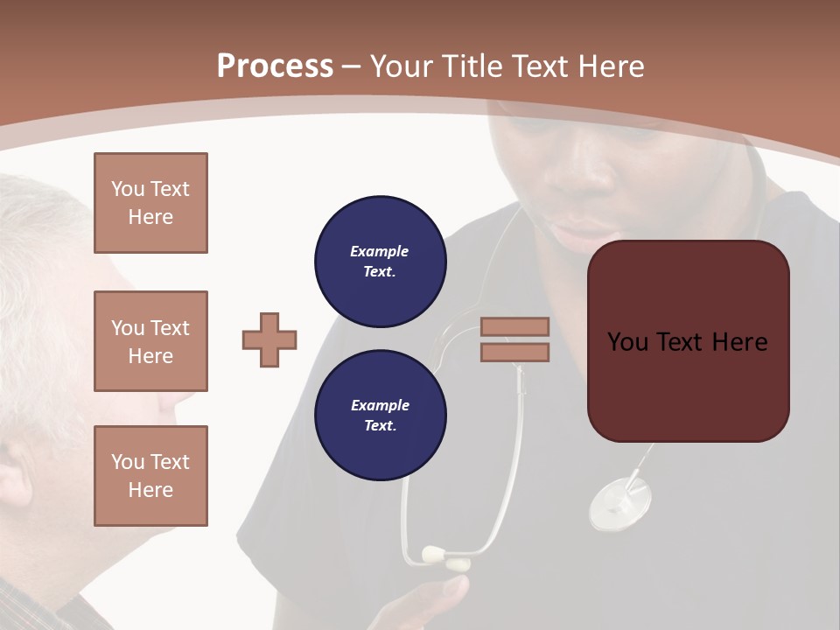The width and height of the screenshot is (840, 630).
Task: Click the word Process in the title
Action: coord(275,66)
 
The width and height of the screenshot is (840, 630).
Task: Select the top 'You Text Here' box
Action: coord(150,203)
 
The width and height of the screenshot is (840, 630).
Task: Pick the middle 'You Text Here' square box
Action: coord(150,341)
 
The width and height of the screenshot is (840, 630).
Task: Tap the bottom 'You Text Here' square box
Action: coord(150,476)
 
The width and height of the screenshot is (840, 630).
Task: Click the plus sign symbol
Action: coord(269,339)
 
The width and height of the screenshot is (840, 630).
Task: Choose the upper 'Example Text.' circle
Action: coord(380,261)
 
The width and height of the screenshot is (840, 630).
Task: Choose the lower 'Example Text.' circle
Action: coord(380,415)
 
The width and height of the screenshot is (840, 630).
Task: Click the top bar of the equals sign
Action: coord(514,326)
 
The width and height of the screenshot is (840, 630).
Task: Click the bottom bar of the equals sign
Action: coord(514,352)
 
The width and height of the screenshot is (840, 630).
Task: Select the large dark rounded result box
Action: coord(688,341)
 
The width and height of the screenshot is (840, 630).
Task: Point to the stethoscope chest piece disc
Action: coord(619,503)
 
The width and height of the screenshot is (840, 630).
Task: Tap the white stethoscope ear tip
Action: coord(435,554)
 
